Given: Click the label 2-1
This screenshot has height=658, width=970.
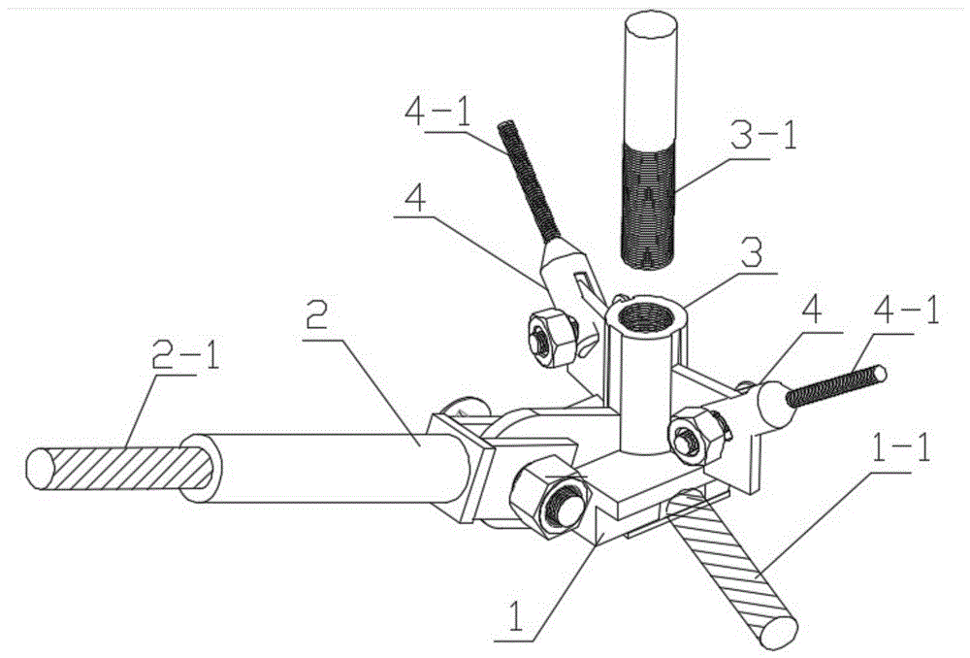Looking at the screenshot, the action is tap(185, 354).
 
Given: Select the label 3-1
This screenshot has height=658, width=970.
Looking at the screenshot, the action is tap(763, 136).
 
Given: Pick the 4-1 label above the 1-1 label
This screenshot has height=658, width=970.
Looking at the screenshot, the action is tap(906, 312).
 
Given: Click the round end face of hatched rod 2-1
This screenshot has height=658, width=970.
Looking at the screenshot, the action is tap(40, 468).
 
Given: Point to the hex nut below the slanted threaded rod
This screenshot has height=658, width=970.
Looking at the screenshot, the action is tap(553, 340).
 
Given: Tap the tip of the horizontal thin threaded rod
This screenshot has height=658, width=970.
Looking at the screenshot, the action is tap(881, 374).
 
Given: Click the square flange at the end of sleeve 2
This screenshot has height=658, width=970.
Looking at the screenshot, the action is tap(461, 468).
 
